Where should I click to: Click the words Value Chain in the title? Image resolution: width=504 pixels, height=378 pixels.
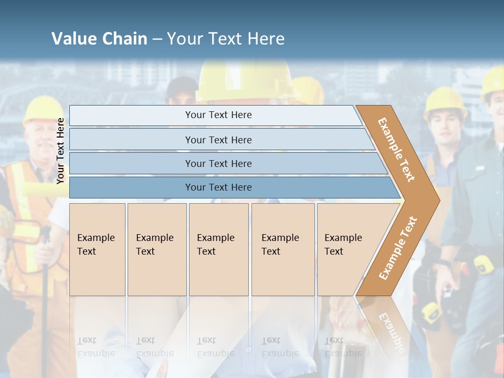(99, 39)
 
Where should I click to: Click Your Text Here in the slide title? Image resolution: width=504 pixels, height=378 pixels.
(226, 39)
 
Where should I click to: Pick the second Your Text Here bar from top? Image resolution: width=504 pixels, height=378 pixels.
(218, 140)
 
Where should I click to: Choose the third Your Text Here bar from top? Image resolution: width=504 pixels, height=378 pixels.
(218, 163)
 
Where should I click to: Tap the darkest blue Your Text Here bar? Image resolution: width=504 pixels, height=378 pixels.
(218, 187)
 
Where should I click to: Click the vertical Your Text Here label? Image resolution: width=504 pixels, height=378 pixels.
(61, 151)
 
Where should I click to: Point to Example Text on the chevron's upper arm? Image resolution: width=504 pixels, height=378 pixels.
(396, 150)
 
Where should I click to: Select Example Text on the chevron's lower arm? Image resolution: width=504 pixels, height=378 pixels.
(398, 248)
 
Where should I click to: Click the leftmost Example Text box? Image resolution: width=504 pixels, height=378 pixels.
(97, 249)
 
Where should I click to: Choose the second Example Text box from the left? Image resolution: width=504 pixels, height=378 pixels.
(157, 249)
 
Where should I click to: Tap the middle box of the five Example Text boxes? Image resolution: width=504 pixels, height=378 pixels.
(218, 249)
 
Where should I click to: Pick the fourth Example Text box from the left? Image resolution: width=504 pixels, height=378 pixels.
(283, 249)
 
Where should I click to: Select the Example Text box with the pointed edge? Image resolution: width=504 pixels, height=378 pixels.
(346, 249)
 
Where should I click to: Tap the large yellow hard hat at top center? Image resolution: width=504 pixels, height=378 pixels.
(244, 79)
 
